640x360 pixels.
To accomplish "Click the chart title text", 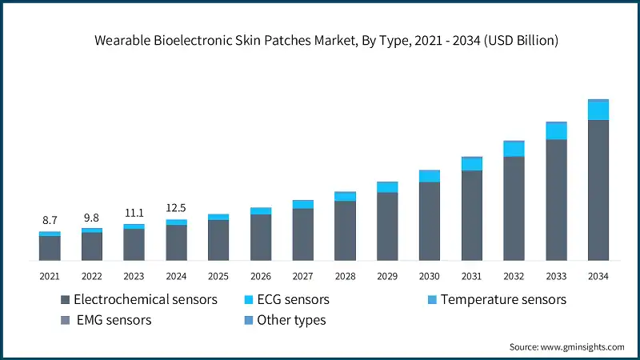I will coord(320,41).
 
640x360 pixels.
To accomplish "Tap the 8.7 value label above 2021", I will coord(50,219).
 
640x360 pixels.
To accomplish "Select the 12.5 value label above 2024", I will coord(176,208).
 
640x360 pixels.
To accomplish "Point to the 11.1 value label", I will coord(134,213).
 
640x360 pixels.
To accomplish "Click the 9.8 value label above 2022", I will coord(92,217).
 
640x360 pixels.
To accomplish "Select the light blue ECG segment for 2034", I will coord(598,110).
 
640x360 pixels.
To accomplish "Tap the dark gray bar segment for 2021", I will coord(50,248).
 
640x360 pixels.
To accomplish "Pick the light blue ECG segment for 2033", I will coord(556,131).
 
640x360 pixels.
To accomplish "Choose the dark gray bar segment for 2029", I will coord(387,226).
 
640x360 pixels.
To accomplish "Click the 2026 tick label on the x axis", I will coord(261,276).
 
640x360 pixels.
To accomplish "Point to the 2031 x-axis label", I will coord(472,276).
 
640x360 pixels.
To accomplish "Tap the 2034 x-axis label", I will coord(598,276).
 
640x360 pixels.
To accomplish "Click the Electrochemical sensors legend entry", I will coord(139,300).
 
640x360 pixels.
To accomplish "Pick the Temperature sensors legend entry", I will coord(496,300).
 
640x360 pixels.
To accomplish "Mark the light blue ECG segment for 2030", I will coord(430,176).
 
